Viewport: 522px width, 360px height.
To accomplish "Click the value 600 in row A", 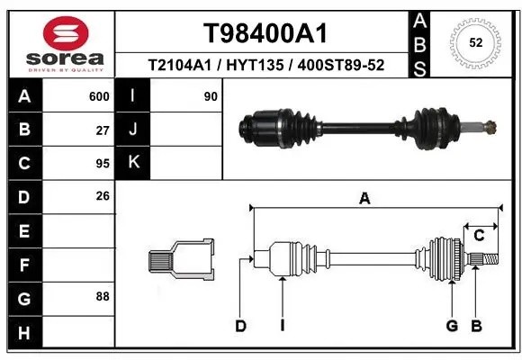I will click(98, 96).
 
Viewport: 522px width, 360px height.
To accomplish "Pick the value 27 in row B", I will click(102, 130).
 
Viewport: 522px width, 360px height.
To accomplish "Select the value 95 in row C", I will click(102, 163).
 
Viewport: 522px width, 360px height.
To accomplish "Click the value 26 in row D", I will click(102, 196).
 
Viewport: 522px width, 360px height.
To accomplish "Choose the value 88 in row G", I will click(102, 296).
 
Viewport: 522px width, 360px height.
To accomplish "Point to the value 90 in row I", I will click(211, 96).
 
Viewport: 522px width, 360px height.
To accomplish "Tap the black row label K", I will click(133, 163).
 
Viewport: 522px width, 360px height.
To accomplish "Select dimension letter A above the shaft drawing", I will click(364, 199).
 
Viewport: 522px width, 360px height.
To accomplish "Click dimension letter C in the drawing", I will click(480, 236).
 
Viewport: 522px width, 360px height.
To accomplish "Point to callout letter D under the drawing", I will click(240, 326).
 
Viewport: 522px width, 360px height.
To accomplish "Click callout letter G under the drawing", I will click(452, 326).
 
